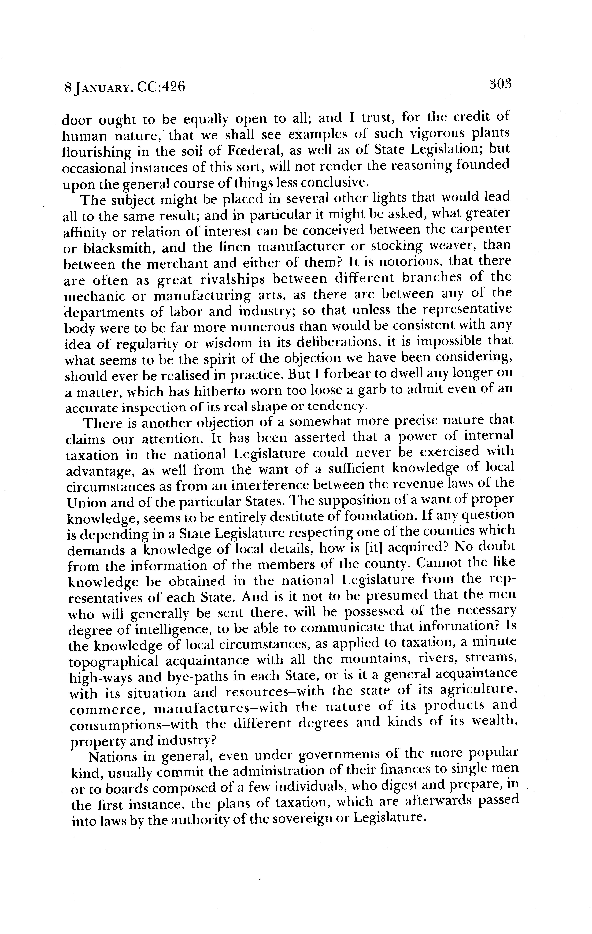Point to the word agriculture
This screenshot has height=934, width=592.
point(479,692)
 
